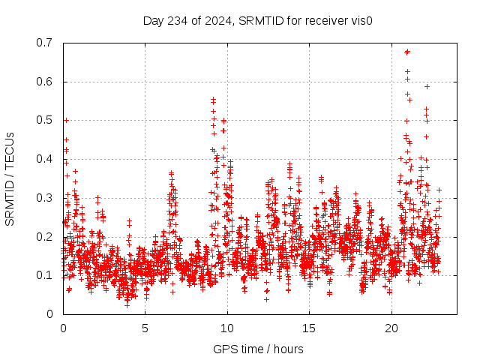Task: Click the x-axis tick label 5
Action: (145, 328)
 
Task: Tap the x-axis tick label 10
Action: (227, 328)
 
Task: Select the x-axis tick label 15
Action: (310, 328)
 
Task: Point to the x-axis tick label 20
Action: (391, 328)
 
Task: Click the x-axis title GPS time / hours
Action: (258, 349)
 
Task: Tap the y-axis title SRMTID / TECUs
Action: (10, 178)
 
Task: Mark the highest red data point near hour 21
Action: (407, 52)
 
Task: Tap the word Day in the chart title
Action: (153, 20)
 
